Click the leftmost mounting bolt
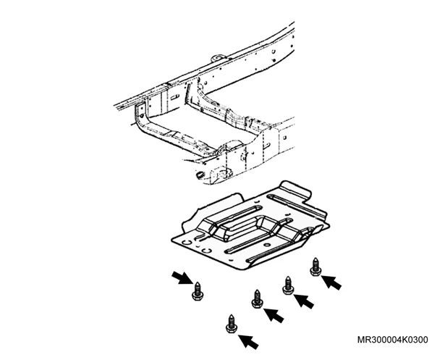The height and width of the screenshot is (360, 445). pyautogui.click(x=198, y=291)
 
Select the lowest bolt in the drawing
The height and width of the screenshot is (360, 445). pyautogui.click(x=231, y=324)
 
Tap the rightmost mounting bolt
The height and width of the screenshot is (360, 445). pyautogui.click(x=315, y=267)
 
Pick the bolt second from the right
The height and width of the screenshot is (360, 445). pyautogui.click(x=288, y=285)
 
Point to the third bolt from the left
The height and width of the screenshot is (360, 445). pyautogui.click(x=257, y=298)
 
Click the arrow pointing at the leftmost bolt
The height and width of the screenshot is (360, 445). pyautogui.click(x=181, y=277)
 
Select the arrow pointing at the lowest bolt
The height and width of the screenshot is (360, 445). pyautogui.click(x=249, y=342)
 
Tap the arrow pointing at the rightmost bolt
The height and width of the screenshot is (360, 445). pyautogui.click(x=331, y=282)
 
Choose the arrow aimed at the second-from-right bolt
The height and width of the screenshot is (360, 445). pyautogui.click(x=304, y=301)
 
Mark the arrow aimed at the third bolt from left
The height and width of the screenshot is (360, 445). pyautogui.click(x=274, y=315)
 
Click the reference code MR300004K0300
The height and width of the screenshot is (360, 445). pyautogui.click(x=393, y=340)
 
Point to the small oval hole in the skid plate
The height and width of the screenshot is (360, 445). pyautogui.click(x=266, y=245)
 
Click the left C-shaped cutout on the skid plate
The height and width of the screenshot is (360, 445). pyautogui.click(x=187, y=243)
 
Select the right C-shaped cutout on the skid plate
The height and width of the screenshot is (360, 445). pyautogui.click(x=207, y=250)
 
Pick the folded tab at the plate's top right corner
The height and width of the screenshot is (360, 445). pyautogui.click(x=295, y=190)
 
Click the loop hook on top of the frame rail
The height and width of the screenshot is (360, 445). pyautogui.click(x=217, y=57)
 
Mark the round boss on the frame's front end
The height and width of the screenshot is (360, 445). pyautogui.click(x=224, y=173)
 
